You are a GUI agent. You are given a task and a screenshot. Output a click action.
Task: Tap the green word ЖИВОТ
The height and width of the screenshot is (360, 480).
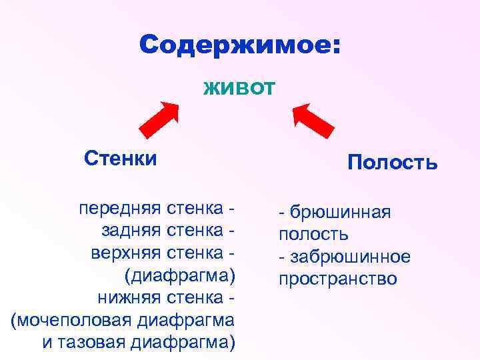click(239, 87)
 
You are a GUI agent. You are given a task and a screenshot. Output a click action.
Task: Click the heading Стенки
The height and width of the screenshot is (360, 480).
click(121, 159)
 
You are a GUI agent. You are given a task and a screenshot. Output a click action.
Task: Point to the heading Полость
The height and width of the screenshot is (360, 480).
click(392, 163)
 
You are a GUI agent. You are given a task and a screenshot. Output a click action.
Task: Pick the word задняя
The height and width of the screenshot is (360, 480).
click(130, 231)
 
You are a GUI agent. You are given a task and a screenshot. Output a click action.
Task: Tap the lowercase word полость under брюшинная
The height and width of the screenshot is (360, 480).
click(313, 235)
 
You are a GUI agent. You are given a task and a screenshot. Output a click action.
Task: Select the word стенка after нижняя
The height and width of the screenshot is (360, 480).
click(193, 297)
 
